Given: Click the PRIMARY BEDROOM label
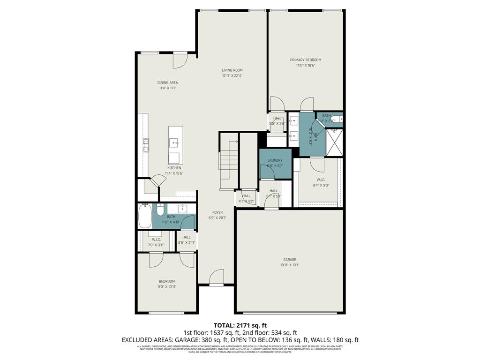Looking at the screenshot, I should click(x=305, y=60).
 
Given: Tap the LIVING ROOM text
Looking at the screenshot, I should click(x=232, y=70).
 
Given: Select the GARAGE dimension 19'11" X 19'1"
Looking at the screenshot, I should click(x=289, y=265).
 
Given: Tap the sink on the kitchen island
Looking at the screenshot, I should click(x=175, y=142).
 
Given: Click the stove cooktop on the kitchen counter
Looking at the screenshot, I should click(x=146, y=145).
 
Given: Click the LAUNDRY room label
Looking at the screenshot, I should click(x=275, y=160).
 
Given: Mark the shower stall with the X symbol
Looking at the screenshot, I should click(x=335, y=142).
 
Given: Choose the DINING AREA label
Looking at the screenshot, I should click(x=167, y=82).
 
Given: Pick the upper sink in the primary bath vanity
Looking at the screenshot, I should click(x=293, y=120).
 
